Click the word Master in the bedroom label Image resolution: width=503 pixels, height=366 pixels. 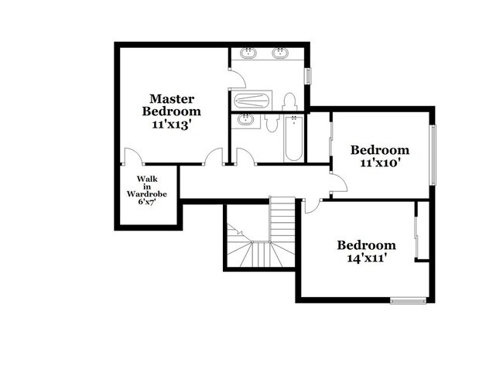coord(172,99)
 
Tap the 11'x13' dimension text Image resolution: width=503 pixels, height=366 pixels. coord(172,125)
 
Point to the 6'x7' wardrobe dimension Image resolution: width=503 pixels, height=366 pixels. coord(147,202)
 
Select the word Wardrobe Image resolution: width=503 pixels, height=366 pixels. coord(147,194)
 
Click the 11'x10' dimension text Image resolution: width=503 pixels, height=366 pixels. coord(380,163)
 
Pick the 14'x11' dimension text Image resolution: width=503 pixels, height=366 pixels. coord(366,258)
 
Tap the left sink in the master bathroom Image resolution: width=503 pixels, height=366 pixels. coord(248,53)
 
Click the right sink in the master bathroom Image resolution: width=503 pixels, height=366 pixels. coord(279,53)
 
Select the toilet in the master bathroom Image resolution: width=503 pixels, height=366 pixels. coord(289,101)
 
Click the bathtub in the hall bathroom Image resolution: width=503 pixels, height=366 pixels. coord(293,139)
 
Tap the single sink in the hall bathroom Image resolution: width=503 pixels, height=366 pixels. coord(246,120)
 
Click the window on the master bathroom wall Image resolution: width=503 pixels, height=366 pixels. coord(308,76)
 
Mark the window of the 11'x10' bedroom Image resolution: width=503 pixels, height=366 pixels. coord(433,155)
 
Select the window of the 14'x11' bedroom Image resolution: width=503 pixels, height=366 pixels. coord(408,300)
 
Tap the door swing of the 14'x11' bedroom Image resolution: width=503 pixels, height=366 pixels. coord(312,207)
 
